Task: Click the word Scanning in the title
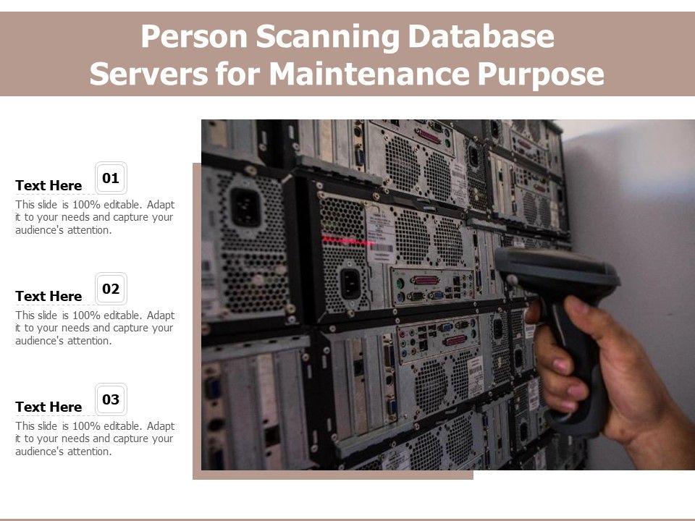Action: tap(329, 37)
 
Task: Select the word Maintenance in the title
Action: tap(370, 74)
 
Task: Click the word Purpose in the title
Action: tap(540, 75)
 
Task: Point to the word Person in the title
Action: tap(195, 36)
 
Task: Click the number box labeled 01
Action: tap(111, 178)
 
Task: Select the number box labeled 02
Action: tap(111, 289)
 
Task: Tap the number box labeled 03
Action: tap(111, 399)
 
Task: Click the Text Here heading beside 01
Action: tap(49, 186)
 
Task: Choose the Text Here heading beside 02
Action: tap(49, 297)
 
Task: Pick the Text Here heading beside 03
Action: tap(49, 407)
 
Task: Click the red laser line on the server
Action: tap(348, 240)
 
